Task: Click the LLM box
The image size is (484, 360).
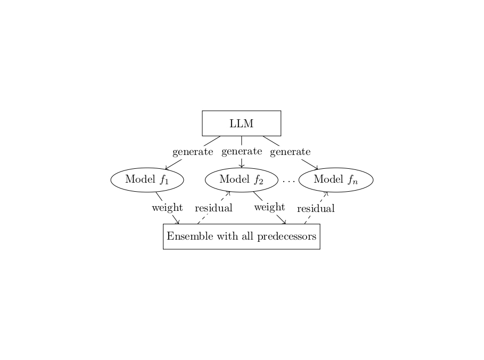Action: click(241, 124)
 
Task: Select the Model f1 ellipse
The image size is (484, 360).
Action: click(147, 179)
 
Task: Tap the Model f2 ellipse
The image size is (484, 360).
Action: click(241, 179)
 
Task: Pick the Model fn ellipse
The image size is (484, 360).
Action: click(335, 179)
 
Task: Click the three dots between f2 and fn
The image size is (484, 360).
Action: click(289, 181)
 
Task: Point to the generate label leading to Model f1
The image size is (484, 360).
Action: click(193, 152)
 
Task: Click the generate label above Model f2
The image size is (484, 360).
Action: click(242, 151)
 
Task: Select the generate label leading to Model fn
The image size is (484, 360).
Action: click(290, 152)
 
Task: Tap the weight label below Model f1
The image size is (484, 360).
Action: click(167, 207)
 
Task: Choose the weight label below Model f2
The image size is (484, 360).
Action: click(269, 207)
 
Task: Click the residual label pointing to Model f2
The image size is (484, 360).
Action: click(214, 208)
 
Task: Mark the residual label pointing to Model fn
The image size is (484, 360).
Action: click(316, 208)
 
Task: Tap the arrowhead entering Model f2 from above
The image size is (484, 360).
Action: click(242, 166)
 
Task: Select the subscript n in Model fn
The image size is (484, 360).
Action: click(355, 182)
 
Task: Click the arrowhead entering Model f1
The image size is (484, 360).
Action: click(167, 169)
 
